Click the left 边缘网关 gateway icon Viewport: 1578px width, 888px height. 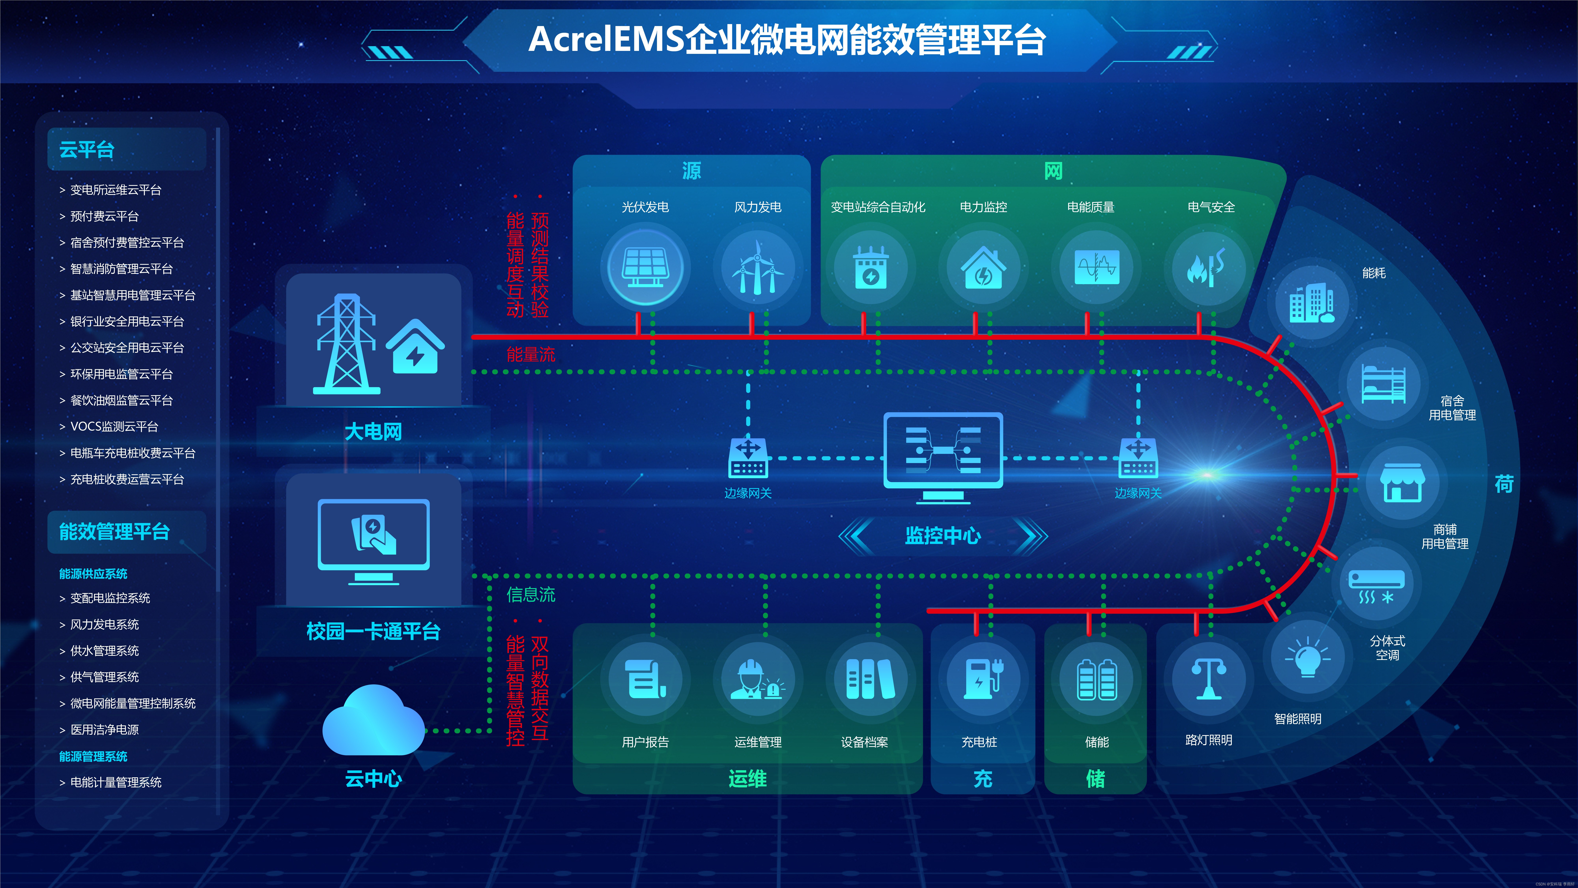(x=748, y=458)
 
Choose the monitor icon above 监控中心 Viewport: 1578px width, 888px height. (x=943, y=457)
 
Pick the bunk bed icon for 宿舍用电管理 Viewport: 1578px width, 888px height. (x=1383, y=384)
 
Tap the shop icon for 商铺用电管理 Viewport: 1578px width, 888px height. (x=1402, y=483)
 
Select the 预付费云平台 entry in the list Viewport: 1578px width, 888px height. (x=104, y=216)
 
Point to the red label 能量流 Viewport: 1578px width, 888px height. (x=531, y=354)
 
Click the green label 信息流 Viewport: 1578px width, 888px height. (x=531, y=594)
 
